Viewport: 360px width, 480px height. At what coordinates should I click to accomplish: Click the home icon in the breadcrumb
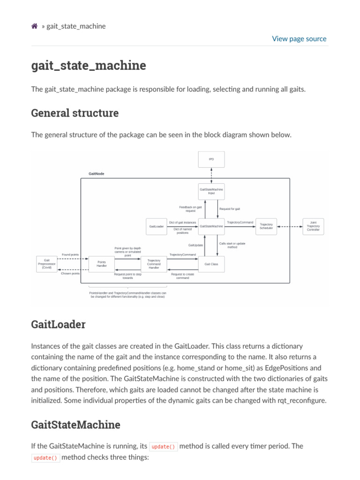point(34,26)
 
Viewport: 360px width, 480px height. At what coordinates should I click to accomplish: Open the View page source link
point(299,39)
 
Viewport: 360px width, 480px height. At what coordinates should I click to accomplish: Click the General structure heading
point(75,113)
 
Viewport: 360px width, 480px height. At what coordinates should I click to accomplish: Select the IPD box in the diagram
point(211,159)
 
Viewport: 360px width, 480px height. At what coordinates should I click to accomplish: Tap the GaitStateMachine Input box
point(211,191)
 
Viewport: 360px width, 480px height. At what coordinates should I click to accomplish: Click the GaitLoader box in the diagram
point(156,226)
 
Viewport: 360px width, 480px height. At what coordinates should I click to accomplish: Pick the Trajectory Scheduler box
point(266,226)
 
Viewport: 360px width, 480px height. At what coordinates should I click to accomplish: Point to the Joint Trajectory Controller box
point(313,226)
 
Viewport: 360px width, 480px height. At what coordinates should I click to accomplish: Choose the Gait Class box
point(211,264)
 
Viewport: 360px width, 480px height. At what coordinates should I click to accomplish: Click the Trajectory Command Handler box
point(154,264)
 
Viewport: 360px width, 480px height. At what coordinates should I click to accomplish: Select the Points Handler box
point(102,264)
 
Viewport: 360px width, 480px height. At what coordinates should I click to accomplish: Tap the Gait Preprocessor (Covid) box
point(47,264)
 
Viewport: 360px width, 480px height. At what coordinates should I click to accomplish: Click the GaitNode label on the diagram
point(97,174)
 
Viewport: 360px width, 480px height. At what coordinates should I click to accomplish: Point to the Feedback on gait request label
point(190,209)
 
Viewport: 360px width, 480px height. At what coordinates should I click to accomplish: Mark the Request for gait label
point(230,209)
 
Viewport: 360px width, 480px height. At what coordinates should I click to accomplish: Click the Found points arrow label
point(70,255)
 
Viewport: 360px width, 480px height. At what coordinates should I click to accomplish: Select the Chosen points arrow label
point(70,273)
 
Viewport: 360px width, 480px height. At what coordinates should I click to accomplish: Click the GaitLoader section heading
point(58,324)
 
